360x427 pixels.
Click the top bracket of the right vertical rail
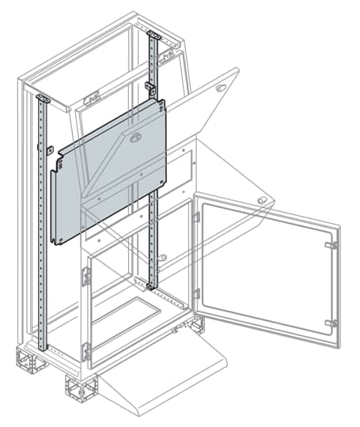tap(153, 35)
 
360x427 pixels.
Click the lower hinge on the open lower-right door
tap(332, 323)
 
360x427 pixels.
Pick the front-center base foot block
tap(81, 387)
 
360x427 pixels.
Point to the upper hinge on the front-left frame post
tap(87, 278)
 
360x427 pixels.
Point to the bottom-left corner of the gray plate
tap(55, 241)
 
